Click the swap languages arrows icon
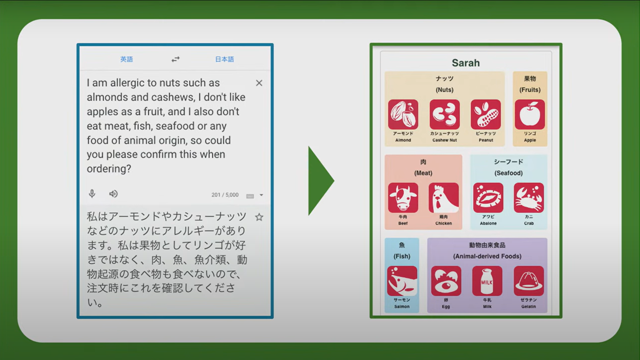coord(175,59)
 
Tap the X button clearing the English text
coord(259,83)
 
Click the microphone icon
coord(92,194)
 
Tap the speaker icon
coord(113,194)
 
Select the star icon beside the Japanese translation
coord(259,217)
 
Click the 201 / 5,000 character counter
coord(225,195)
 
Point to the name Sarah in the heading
coord(466,63)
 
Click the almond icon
coord(403,114)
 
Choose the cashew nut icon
coord(444,114)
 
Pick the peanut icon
coord(486,114)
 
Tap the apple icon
coord(530,114)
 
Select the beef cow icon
coord(403,198)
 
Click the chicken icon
coord(443,198)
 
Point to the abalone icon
coord(488,198)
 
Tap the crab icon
coord(529,198)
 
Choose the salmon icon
coord(402,281)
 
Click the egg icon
coord(446,281)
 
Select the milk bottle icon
coord(487,281)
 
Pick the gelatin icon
coord(528,281)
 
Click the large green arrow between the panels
coord(319,181)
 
